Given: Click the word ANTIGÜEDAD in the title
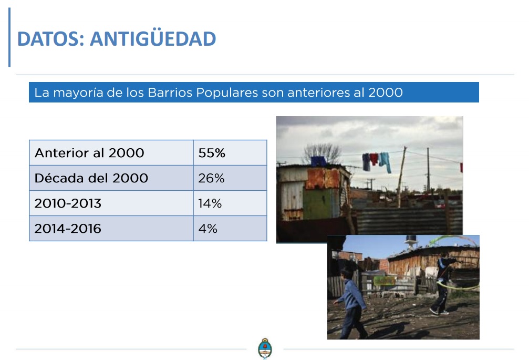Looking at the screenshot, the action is coord(153,38).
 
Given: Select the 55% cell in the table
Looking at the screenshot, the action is coord(230,153).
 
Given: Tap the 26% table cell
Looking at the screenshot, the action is coord(230,178).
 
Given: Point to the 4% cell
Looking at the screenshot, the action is coord(230,229).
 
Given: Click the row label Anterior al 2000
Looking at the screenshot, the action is coord(89,153).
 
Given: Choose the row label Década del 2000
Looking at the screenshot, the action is coord(91,178).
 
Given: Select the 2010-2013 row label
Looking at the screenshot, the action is coord(68,203).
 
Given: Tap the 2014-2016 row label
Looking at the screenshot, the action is coord(68,229).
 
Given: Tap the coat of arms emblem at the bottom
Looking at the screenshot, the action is coord(265,348).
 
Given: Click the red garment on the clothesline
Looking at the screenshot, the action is coord(374,159).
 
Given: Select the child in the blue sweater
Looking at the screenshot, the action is coord(351,302).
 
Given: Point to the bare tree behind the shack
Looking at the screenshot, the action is coord(322,153).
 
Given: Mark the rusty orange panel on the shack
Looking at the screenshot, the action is coord(323,178).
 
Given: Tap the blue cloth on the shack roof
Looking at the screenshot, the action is coord(318,161).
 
